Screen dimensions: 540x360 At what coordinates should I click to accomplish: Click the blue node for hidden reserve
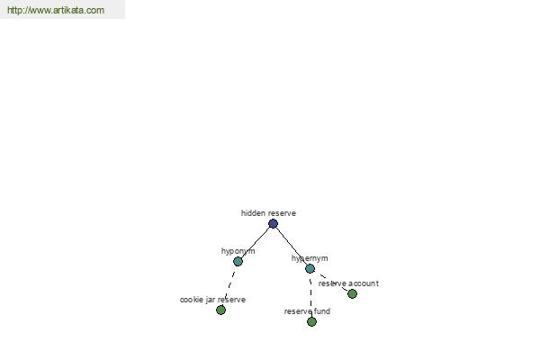[x=273, y=224]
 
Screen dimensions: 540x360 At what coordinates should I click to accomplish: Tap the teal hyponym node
[x=238, y=262]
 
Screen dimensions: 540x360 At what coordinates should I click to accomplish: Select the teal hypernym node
[x=310, y=269]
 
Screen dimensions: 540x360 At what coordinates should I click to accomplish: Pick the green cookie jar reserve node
[x=220, y=310]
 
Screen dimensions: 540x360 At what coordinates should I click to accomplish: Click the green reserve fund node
[x=311, y=322]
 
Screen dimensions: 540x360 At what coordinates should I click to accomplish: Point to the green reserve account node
[x=352, y=294]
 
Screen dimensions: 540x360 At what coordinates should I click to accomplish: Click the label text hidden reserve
[x=268, y=213]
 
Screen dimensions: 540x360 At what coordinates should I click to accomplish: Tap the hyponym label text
[x=238, y=251]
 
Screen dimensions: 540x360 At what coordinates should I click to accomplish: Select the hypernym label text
[x=310, y=258]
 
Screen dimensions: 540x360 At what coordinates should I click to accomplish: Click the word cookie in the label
[x=192, y=300]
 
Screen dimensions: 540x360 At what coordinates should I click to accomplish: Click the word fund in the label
[x=322, y=311]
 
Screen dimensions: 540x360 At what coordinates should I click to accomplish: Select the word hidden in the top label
[x=252, y=213]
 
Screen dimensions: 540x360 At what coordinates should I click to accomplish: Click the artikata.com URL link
[x=56, y=10]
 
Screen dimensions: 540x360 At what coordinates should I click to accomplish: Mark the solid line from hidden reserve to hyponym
[x=256, y=243]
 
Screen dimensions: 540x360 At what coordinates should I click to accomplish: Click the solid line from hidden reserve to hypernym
[x=292, y=247]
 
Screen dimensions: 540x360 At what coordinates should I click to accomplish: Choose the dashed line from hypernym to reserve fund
[x=311, y=295]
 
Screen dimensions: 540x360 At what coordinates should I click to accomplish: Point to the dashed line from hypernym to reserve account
[x=333, y=283]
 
